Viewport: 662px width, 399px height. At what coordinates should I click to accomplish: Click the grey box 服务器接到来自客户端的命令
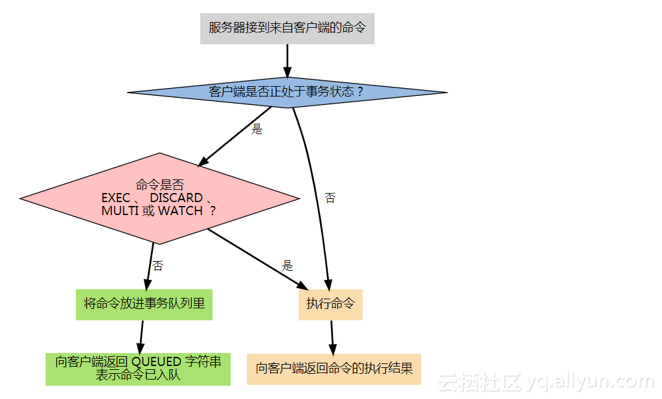(x=287, y=28)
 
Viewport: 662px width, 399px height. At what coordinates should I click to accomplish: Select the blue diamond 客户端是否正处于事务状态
(x=287, y=92)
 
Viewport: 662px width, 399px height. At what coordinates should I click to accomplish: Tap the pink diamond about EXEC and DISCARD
(x=159, y=198)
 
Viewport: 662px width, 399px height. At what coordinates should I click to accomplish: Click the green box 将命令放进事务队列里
(x=144, y=304)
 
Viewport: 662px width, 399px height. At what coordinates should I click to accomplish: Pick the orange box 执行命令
(x=330, y=304)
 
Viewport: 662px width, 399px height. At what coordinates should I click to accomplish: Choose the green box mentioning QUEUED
(x=138, y=369)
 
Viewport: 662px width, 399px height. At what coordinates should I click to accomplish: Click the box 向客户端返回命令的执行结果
(x=334, y=369)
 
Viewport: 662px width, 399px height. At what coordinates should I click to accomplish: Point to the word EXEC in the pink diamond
(x=116, y=198)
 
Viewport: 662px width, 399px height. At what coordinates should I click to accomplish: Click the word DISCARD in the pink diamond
(x=176, y=198)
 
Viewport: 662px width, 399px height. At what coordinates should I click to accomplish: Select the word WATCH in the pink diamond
(x=181, y=211)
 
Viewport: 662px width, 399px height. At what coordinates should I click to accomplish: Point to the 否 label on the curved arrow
(x=330, y=198)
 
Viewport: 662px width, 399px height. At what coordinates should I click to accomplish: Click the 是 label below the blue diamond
(x=257, y=129)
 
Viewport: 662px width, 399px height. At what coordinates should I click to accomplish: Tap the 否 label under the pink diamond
(x=157, y=266)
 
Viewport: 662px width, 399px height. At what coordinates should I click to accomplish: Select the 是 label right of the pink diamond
(x=288, y=266)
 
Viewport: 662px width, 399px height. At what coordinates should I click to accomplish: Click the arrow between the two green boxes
(x=141, y=336)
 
